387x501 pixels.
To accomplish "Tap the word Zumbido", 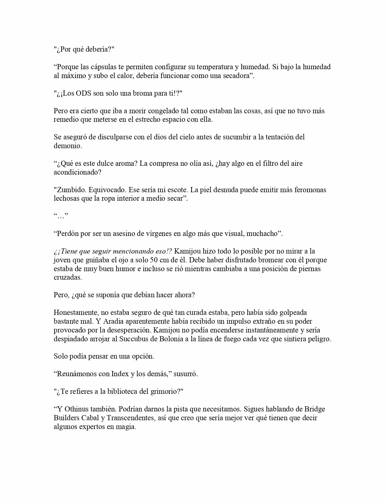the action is pyautogui.click(x=68, y=190).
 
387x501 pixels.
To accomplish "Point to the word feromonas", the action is pyautogui.click(x=311, y=190).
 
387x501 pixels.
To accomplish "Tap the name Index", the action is pyautogui.click(x=120, y=374).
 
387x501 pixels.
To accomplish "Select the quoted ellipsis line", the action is pyautogui.click(x=61, y=216).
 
